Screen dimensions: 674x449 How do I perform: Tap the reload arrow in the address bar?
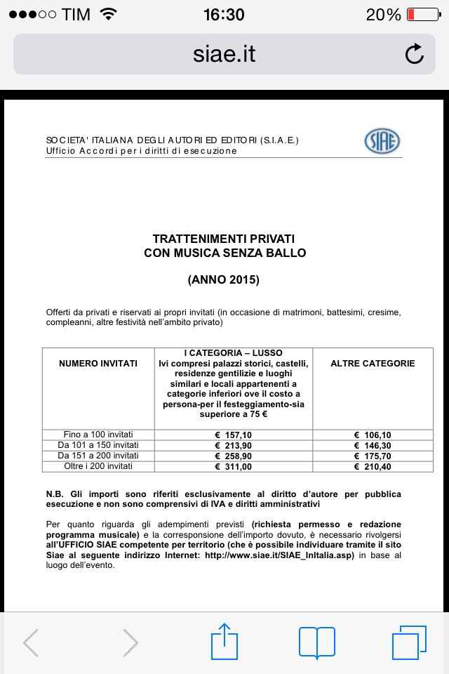pyautogui.click(x=415, y=54)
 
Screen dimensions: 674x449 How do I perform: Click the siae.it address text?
pyautogui.click(x=224, y=54)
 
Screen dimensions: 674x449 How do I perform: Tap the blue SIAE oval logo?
pyautogui.click(x=382, y=141)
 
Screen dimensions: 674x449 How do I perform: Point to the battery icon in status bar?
pyautogui.click(x=422, y=14)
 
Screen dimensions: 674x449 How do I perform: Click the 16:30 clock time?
pyautogui.click(x=224, y=14)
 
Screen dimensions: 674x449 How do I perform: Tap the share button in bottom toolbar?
pyautogui.click(x=224, y=641)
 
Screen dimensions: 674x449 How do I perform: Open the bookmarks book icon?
pyautogui.click(x=317, y=642)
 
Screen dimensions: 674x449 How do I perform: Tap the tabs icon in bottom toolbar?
pyautogui.click(x=409, y=642)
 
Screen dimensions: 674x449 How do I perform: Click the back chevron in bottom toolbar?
pyautogui.click(x=31, y=642)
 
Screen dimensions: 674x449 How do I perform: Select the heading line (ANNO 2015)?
pyautogui.click(x=224, y=279)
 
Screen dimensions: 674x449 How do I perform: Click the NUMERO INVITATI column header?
pyautogui.click(x=98, y=364)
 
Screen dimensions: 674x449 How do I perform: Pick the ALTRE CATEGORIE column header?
pyautogui.click(x=373, y=364)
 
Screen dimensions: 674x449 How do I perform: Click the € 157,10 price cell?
pyautogui.click(x=234, y=435)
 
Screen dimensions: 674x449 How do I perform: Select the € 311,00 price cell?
pyautogui.click(x=234, y=466)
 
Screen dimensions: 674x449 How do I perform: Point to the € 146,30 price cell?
pyautogui.click(x=373, y=445)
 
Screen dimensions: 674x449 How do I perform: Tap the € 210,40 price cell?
pyautogui.click(x=373, y=466)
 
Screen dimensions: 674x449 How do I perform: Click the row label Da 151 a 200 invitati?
pyautogui.click(x=98, y=456)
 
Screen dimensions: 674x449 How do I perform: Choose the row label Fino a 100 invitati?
pyautogui.click(x=98, y=435)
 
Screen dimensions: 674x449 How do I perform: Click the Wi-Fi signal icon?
pyautogui.click(x=108, y=14)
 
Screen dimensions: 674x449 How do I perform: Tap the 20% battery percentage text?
pyautogui.click(x=383, y=14)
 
